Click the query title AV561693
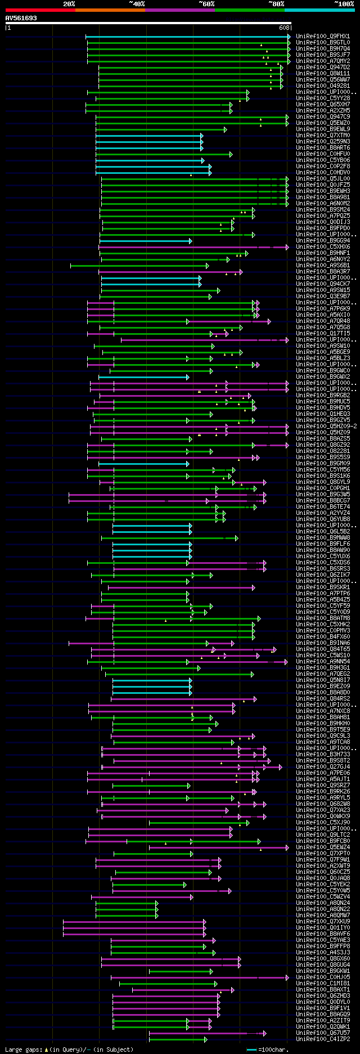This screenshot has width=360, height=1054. (x=21, y=18)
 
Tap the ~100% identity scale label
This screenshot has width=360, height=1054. (x=344, y=4)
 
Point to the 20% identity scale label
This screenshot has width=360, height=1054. (x=69, y=4)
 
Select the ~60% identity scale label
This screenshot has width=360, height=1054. (x=206, y=4)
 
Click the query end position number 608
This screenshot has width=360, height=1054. (x=283, y=27)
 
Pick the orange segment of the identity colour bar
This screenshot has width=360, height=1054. (x=110, y=10)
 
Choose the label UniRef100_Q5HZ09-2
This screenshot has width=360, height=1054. (x=326, y=426)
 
